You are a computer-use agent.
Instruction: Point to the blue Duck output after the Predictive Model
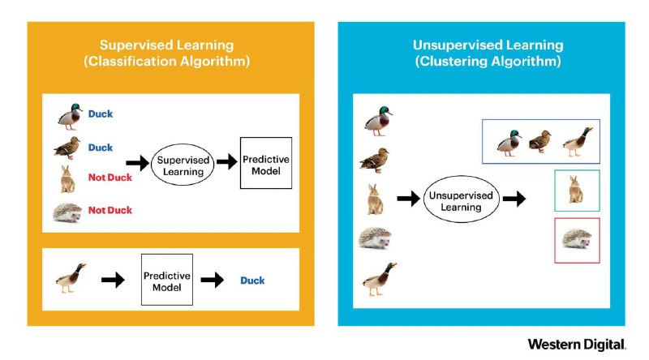(252, 281)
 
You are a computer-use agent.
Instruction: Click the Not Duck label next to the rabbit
(110, 178)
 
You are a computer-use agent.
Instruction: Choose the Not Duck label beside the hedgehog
(110, 210)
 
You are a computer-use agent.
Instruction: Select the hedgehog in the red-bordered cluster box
(576, 238)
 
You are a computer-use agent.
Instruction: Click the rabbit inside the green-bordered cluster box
(576, 190)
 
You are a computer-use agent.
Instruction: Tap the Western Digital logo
(577, 345)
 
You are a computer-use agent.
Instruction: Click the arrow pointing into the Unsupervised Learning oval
(409, 199)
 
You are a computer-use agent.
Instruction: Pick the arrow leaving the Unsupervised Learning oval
(514, 199)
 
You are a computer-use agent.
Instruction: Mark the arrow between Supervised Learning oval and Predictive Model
(227, 161)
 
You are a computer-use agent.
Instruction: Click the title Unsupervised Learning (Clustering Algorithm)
(488, 53)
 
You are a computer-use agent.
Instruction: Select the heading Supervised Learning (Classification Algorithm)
(167, 53)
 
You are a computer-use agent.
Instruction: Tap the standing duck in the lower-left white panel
(71, 278)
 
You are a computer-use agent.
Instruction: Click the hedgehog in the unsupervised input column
(375, 238)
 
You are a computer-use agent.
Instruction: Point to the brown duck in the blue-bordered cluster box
(540, 142)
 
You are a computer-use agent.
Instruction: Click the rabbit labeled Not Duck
(68, 179)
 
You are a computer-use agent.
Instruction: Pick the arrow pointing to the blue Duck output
(213, 281)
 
